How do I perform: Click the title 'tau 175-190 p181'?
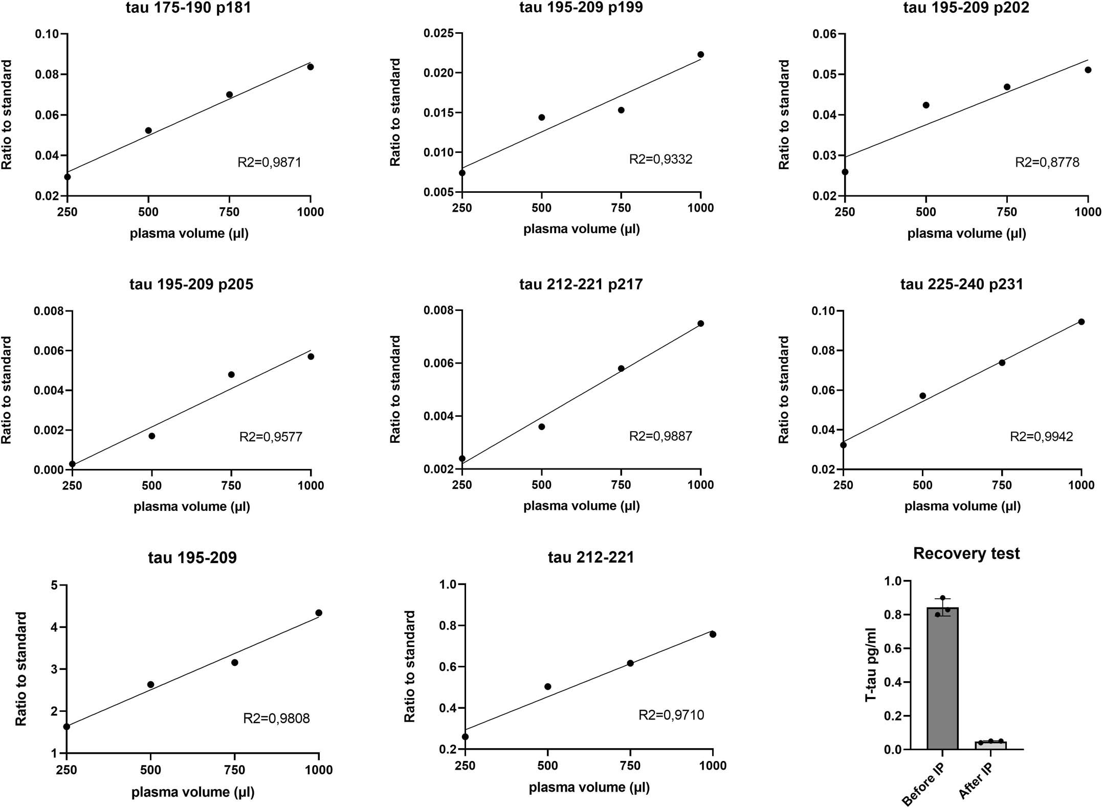[x=188, y=8]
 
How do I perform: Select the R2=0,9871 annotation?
[x=269, y=163]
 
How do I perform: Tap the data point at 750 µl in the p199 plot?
[x=621, y=110]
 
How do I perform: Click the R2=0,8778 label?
[x=1047, y=163]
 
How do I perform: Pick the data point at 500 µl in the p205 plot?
[x=151, y=436]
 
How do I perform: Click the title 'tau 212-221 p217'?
[x=581, y=284]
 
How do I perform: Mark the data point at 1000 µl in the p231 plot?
[x=1081, y=322]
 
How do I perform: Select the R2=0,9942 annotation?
[x=1041, y=437]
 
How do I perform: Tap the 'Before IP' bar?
[x=942, y=680]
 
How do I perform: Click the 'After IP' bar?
[x=990, y=745]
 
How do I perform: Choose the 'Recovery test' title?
[x=966, y=553]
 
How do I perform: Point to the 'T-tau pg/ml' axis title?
[x=871, y=665]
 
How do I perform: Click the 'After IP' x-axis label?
[x=976, y=781]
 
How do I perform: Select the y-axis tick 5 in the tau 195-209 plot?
[x=54, y=585]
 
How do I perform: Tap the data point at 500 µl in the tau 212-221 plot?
[x=547, y=686]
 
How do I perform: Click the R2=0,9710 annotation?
[x=671, y=715]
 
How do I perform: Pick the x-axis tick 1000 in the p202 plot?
[x=1088, y=212]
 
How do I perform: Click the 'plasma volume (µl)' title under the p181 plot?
[x=189, y=234]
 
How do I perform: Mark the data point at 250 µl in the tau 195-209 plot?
[x=67, y=726]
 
